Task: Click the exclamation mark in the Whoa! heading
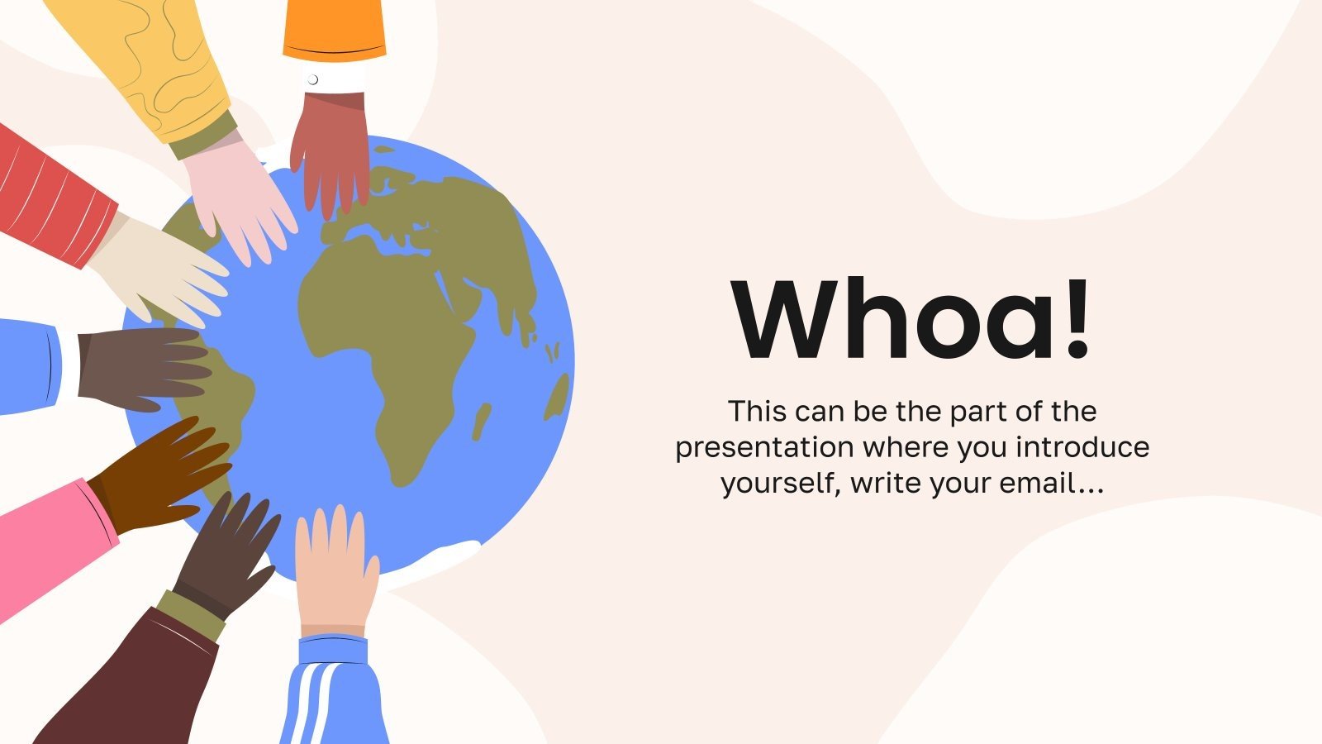coord(1077,321)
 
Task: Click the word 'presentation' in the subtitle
coord(764,447)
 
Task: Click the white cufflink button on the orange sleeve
coord(312,80)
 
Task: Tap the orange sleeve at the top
coord(334,29)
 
